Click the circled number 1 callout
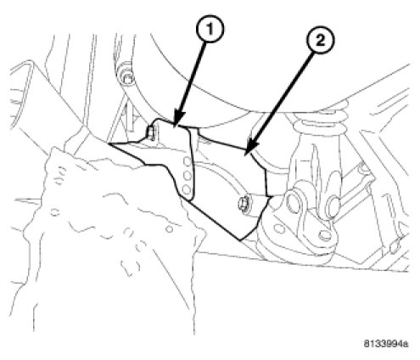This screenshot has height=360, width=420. tap(210, 29)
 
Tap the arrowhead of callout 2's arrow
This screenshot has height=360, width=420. tap(250, 146)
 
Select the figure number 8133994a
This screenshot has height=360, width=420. tap(385, 344)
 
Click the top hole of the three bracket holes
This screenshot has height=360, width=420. tap(188, 162)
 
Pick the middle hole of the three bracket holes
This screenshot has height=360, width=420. tap(188, 176)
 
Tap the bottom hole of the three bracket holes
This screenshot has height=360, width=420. tap(187, 189)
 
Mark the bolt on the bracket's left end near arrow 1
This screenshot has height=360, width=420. tap(151, 133)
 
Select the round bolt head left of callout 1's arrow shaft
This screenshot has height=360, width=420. tap(126, 76)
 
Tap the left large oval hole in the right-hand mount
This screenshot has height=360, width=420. tap(294, 202)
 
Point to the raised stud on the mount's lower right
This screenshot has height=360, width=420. tap(324, 235)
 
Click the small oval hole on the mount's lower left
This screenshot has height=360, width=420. tap(279, 228)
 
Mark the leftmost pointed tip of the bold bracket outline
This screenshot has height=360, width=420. tap(109, 143)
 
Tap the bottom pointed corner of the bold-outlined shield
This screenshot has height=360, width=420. tap(240, 240)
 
